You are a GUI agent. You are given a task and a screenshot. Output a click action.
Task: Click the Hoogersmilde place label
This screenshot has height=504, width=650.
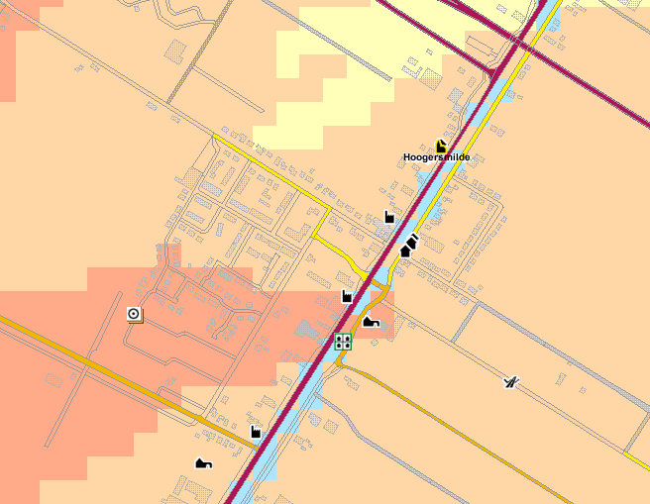(x=436, y=157)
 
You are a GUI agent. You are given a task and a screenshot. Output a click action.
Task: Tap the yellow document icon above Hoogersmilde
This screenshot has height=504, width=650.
(x=440, y=146)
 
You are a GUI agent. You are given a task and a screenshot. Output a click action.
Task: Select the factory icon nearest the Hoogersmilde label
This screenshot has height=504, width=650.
(x=389, y=217)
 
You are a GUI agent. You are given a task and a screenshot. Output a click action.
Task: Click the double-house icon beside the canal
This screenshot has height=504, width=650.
(x=409, y=244)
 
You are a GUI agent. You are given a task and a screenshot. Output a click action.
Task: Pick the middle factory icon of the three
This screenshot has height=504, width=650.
(x=347, y=295)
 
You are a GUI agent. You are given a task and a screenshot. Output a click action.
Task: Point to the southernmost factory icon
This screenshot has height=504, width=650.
(x=256, y=431)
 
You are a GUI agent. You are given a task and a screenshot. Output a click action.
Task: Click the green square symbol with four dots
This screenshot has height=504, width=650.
(x=343, y=342)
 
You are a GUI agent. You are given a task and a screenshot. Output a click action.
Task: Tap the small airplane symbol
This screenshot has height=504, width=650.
(x=510, y=381)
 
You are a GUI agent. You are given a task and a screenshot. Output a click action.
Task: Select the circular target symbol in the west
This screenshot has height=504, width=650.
(x=134, y=315)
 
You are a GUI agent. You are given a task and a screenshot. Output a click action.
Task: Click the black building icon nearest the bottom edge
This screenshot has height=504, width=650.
(x=203, y=462)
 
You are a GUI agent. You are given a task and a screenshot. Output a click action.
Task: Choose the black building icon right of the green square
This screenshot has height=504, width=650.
(x=371, y=320)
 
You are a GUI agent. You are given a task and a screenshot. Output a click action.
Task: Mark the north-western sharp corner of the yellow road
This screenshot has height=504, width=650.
(x=215, y=136)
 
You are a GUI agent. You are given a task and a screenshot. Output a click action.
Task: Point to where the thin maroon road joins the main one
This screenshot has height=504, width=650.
(x=493, y=74)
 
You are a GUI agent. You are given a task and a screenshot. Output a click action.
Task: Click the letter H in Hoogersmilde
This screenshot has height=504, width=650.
(x=407, y=157)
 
